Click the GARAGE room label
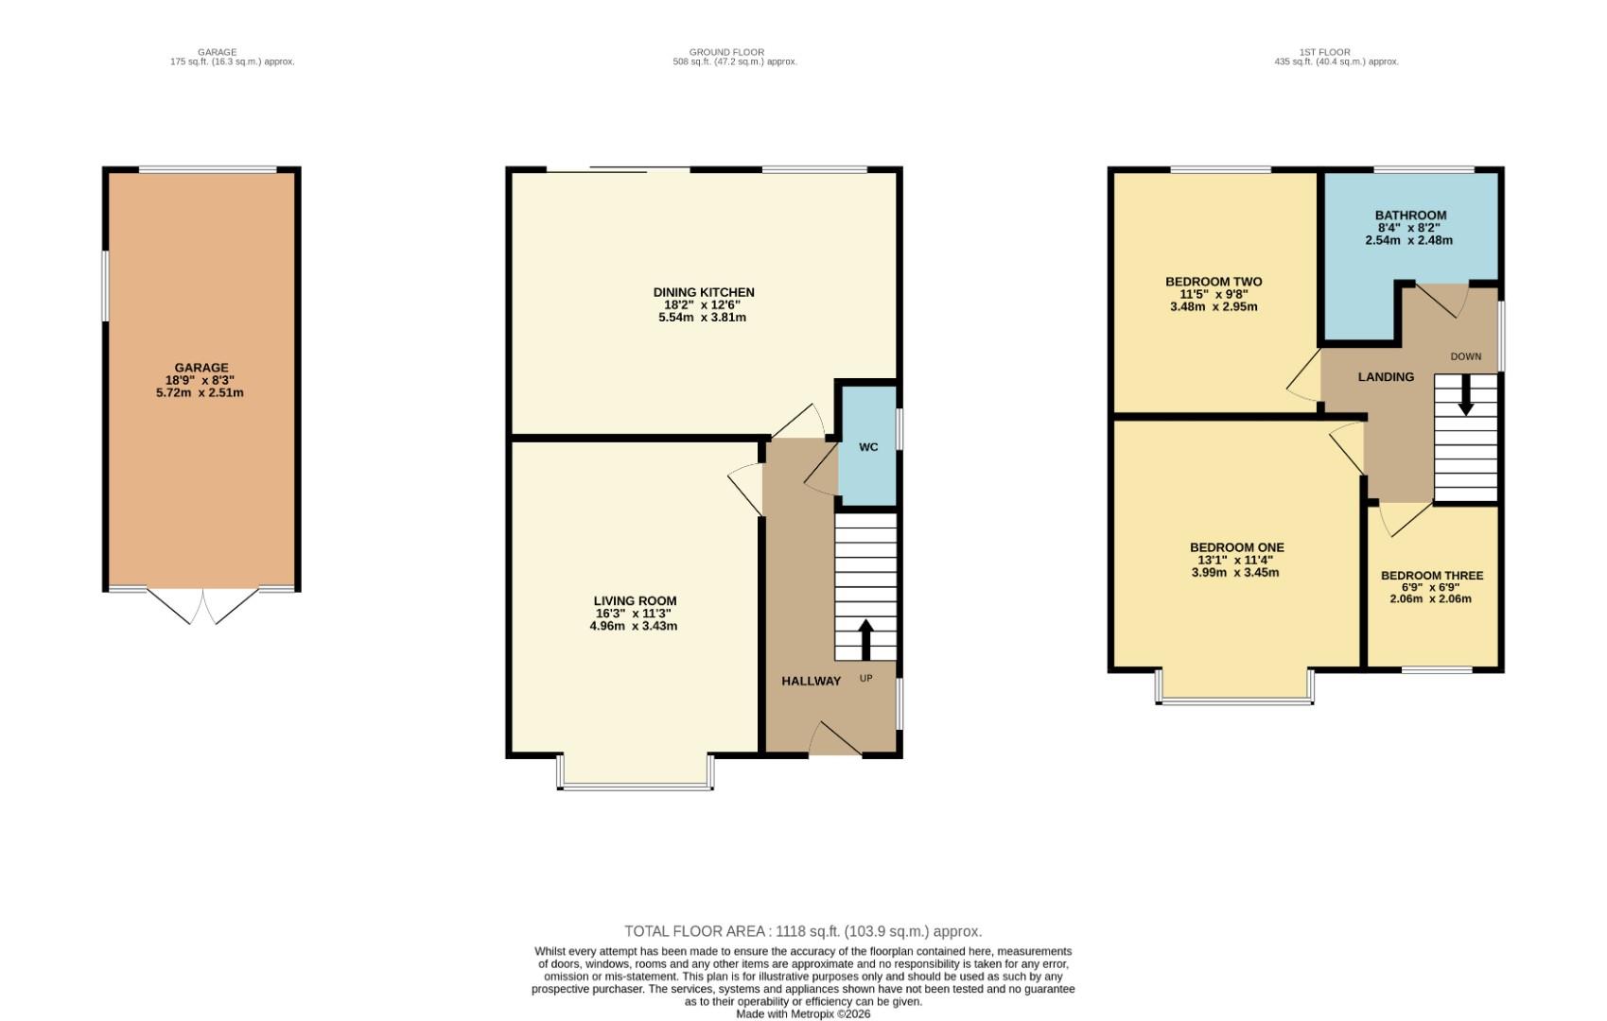click(201, 368)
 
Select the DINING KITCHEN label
click(704, 292)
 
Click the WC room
click(868, 446)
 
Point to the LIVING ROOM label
click(635, 600)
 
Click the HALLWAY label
click(811, 681)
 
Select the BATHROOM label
click(1410, 216)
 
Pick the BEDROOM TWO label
click(1214, 282)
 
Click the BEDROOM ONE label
click(1236, 547)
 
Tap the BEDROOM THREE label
click(1431, 576)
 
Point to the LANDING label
click(1386, 377)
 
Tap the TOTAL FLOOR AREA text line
click(803, 931)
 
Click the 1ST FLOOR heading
click(1336, 52)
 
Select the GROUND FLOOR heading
click(726, 52)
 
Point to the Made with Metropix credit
click(803, 1013)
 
